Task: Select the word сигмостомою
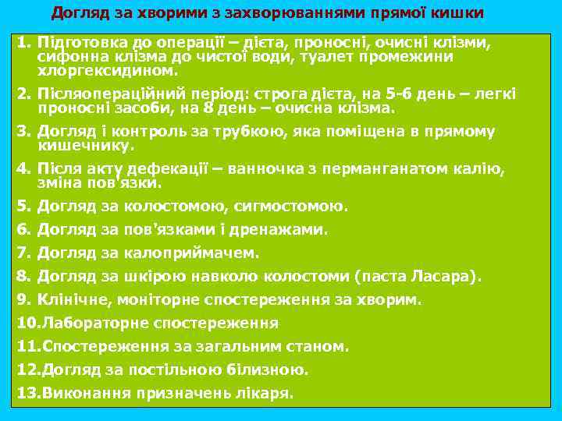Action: click(301, 207)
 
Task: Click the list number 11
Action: click(27, 346)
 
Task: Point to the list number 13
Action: click(27, 393)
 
